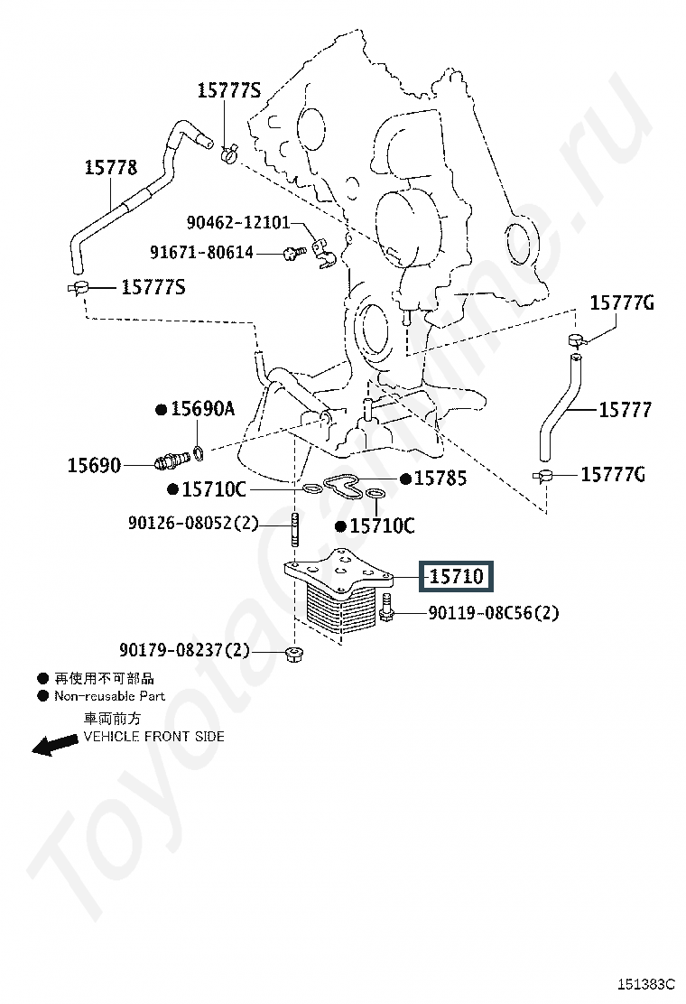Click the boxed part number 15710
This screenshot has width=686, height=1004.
pos(456,576)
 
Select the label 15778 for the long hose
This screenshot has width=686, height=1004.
pos(111,167)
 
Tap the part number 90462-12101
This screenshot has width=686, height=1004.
pos(238,222)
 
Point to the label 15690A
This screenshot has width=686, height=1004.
pos(202,409)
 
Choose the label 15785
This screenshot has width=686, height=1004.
pos(440,479)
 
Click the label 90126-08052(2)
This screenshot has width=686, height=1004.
pos(192,522)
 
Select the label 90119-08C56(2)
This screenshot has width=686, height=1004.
pos(493,613)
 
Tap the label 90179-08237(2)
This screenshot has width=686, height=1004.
pos(185,649)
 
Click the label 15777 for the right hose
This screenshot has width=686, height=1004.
pos(625,410)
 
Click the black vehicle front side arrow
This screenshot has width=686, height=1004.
pos(55,744)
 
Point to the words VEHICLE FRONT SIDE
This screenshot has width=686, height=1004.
pos(154,736)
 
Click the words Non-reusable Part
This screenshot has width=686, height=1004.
pos(109,696)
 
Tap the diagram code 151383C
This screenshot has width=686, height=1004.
pos(647,983)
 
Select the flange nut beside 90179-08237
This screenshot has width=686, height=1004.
pos(292,652)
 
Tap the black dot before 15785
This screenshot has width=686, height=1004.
pos(406,479)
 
